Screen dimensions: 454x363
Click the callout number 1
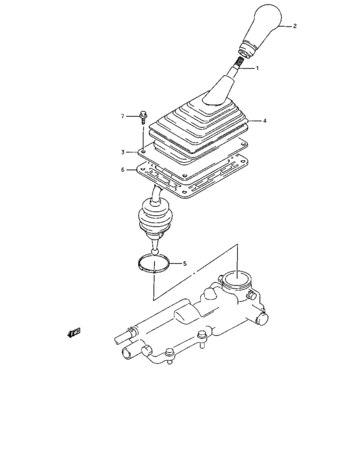(x=257, y=68)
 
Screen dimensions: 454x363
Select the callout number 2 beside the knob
(x=294, y=27)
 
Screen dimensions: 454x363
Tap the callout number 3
(x=123, y=152)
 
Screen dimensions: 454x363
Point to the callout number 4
(x=265, y=120)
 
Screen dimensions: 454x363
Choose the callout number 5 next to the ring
(x=185, y=263)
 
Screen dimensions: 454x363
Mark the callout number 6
(x=123, y=170)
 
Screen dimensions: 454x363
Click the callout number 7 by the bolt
(x=122, y=117)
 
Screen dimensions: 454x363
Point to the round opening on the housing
(x=237, y=282)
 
